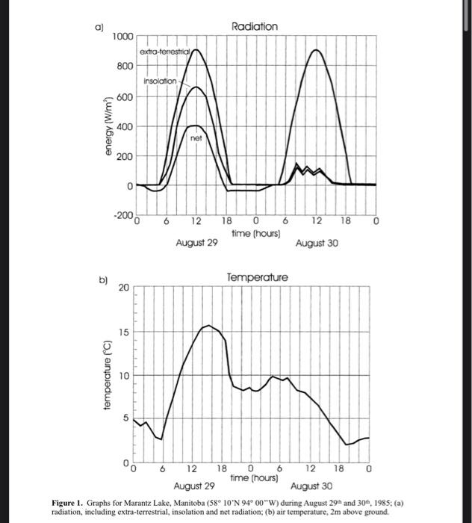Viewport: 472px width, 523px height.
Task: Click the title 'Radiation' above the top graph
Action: click(x=255, y=26)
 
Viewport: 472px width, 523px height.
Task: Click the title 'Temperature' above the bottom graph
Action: click(x=256, y=277)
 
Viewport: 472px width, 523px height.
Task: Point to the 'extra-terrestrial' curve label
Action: click(x=166, y=51)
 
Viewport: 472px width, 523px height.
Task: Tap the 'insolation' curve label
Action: click(x=160, y=81)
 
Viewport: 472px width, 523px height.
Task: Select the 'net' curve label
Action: click(x=196, y=138)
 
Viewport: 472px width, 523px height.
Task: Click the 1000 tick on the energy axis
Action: click(x=123, y=37)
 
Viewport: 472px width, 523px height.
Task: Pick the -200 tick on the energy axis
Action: click(x=122, y=215)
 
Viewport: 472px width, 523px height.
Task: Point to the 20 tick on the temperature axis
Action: click(x=123, y=288)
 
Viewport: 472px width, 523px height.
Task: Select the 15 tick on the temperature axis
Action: click(x=123, y=331)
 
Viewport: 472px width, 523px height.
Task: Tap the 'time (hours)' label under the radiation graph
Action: click(x=256, y=233)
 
